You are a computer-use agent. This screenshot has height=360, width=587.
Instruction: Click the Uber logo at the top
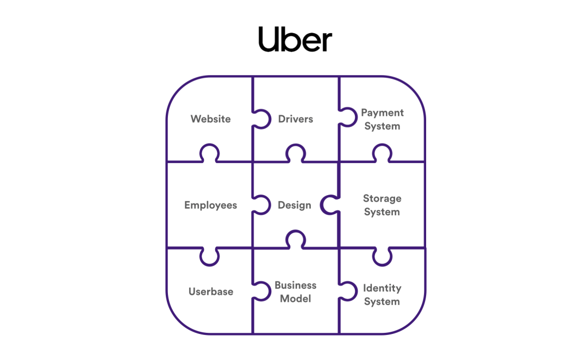pos(295,39)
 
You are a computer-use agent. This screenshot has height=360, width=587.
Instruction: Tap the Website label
pos(210,119)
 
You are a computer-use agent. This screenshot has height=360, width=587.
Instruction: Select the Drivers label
pos(295,119)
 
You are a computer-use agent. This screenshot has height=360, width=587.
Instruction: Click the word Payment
pos(382,113)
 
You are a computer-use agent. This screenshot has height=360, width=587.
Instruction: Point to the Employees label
pos(210,205)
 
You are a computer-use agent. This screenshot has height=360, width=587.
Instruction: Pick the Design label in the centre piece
pos(294,205)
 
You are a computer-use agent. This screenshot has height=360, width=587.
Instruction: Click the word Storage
pos(382,198)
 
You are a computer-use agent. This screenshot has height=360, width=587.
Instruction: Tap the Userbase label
pos(211,291)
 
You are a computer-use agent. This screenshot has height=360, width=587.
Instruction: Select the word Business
pos(295,285)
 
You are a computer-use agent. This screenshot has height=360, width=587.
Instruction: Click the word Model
pos(295,299)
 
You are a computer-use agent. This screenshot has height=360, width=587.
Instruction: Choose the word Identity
pos(382,288)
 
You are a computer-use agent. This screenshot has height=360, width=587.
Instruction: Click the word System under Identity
pos(382,302)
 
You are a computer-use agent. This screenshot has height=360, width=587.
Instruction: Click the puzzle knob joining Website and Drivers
pos(261,119)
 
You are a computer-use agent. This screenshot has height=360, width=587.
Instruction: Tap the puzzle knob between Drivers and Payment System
pos(348,117)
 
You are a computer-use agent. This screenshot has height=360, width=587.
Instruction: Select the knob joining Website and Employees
pos(209,153)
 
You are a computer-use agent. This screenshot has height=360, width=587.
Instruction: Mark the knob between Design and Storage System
pos(330,205)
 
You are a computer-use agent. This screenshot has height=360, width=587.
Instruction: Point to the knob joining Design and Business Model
pos(295,239)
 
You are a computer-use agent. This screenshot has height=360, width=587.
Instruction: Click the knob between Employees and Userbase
pos(209,257)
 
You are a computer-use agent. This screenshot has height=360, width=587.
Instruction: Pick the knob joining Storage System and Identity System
pos(382,257)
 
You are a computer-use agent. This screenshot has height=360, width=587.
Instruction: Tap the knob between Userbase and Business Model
pos(261,291)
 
